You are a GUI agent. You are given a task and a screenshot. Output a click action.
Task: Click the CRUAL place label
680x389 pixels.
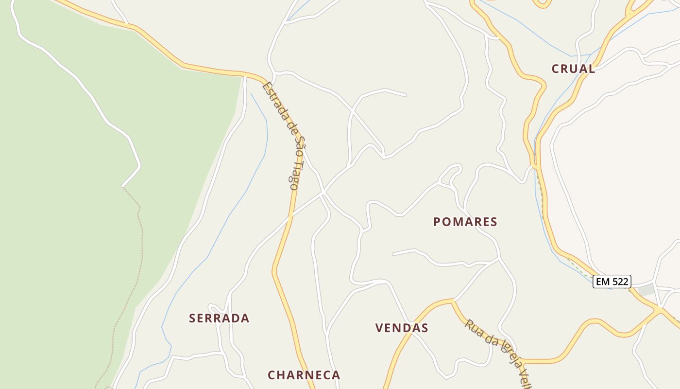573,69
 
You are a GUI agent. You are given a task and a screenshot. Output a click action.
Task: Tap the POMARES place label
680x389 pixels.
465,222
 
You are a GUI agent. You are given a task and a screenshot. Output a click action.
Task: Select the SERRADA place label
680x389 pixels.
219,318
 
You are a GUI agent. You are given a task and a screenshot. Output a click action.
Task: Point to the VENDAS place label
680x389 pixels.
402,328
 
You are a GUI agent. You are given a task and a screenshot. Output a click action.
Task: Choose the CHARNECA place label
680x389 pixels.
304,375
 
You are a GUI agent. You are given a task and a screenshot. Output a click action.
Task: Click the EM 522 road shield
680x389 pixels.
612,281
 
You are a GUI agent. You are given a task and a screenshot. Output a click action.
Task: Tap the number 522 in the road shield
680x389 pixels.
620,281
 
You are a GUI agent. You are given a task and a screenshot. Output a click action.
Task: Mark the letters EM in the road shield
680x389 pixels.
603,281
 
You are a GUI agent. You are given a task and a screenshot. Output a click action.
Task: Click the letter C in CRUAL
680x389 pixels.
556,69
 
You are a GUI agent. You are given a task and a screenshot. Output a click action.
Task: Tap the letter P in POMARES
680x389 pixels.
437,222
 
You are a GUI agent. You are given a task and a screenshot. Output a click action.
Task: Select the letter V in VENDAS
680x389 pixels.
379,328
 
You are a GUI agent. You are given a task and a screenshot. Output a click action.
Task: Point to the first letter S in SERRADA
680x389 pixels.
192,318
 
